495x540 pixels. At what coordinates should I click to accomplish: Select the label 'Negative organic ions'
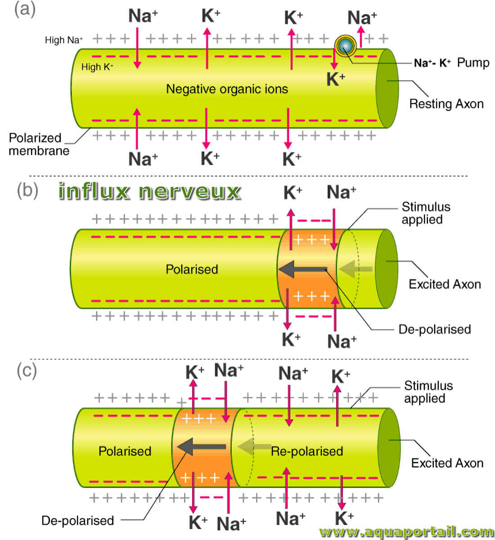pos(227,89)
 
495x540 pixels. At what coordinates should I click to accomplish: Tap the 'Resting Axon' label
pos(446,104)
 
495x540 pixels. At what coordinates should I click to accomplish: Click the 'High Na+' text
pos(63,40)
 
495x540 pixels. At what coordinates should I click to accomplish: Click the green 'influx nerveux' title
pos(149,191)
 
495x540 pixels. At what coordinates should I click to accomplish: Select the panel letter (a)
pos(25,10)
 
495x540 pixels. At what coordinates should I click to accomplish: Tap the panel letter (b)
pos(27,190)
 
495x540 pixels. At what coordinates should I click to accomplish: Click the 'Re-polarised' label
pos(307,451)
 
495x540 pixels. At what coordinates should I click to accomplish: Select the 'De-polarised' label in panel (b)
pos(434,329)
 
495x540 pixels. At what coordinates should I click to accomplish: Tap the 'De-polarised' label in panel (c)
pos(77,521)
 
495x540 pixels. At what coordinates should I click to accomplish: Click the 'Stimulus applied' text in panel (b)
pos(426,213)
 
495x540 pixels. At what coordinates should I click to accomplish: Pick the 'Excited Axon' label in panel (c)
pos(447,463)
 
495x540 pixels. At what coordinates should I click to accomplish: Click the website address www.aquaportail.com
pos(406,532)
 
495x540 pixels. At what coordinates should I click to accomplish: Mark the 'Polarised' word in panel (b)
pos(192,269)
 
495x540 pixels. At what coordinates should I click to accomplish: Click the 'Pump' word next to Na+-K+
pos(473,63)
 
